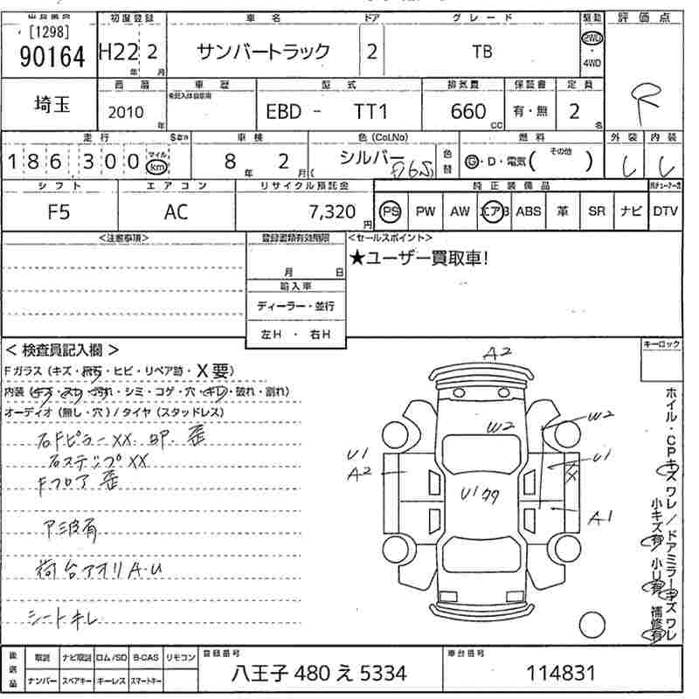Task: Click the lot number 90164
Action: (52, 56)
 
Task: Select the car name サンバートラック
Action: (264, 52)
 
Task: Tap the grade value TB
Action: (482, 52)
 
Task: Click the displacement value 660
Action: (468, 112)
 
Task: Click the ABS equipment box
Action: (529, 211)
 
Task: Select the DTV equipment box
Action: (665, 211)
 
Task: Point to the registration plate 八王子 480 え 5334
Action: (320, 674)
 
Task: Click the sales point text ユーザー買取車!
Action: (426, 258)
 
